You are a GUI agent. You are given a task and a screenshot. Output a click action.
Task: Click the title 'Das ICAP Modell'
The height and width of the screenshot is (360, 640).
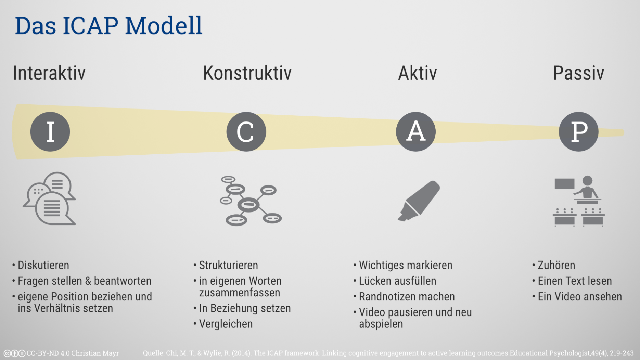(108, 26)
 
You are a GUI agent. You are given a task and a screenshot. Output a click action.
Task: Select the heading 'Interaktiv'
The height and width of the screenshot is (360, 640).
(49, 73)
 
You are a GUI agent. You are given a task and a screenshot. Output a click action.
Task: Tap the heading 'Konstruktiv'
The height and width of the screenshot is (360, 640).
(247, 73)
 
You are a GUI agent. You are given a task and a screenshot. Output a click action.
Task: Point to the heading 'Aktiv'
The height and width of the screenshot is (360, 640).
(417, 73)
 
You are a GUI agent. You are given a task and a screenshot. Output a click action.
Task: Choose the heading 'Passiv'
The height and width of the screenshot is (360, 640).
(578, 73)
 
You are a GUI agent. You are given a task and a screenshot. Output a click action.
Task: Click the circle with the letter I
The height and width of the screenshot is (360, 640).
(50, 132)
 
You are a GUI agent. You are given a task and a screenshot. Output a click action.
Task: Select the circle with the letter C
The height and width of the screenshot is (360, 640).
(246, 132)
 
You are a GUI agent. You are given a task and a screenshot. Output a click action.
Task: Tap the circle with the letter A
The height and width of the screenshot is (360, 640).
(415, 132)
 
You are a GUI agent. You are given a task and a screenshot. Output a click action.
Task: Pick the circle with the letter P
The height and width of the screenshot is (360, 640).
(578, 132)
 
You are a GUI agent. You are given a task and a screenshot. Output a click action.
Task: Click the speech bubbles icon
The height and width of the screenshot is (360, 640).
(50, 198)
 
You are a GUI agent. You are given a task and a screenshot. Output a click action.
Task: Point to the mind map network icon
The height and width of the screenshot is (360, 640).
(250, 201)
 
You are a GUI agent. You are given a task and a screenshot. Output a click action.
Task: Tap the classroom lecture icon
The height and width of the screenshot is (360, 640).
(578, 201)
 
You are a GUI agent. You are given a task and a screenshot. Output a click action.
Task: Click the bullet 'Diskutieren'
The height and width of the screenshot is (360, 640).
(43, 265)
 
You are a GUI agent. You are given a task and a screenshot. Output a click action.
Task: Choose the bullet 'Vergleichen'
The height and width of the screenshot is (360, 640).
(226, 324)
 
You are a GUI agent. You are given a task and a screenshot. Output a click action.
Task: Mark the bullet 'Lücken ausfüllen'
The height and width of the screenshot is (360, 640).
(397, 281)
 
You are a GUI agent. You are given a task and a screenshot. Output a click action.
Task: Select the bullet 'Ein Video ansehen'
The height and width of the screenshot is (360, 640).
(579, 297)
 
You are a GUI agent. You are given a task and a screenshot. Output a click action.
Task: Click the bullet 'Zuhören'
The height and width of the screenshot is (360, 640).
(556, 265)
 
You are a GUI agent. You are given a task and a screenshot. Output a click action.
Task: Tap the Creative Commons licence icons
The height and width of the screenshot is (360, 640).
(14, 353)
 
